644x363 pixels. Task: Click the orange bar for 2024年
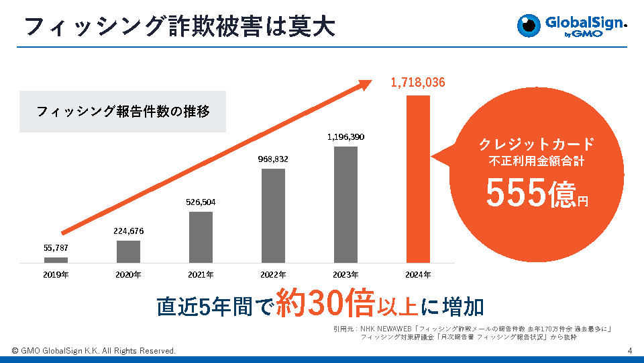coord(417,178)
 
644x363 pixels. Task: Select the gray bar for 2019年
coord(56,259)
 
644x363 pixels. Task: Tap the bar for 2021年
coord(201,237)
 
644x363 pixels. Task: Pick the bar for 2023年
coord(345,204)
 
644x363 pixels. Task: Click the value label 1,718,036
coord(417,83)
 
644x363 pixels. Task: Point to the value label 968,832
coord(273,159)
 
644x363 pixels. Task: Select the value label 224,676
coord(128,231)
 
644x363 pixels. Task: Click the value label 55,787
coord(56,248)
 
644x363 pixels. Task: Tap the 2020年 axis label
coord(128,274)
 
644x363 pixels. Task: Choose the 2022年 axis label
coord(273,274)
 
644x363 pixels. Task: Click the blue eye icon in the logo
coord(529,25)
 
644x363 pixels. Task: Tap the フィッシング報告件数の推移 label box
coord(123,111)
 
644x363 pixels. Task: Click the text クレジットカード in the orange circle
coord(536,144)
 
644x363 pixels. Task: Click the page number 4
coord(630,351)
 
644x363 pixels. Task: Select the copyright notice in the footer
coord(93,351)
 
